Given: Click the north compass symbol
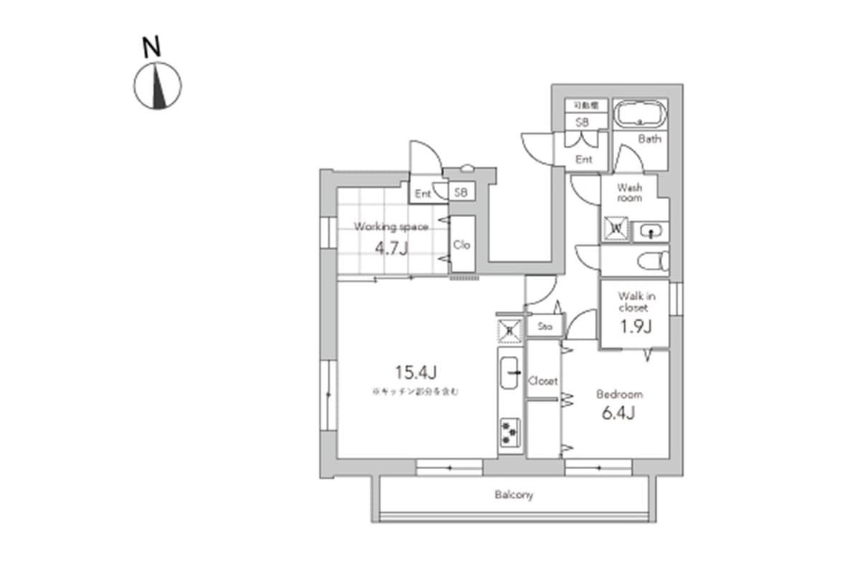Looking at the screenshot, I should pos(157,86).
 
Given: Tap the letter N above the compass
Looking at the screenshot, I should pos(151,48).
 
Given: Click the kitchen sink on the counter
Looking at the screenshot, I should pos(511,372).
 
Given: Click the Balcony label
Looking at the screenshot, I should pos(514,495).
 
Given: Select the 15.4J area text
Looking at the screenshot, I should pos(415,372).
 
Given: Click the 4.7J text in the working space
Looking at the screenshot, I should pos(391,249).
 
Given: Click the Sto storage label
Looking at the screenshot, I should pos(544,327).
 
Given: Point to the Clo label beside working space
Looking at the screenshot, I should pos(462,244).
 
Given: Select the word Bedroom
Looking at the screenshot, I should pos(620,394).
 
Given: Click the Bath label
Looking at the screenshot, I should pos(649,140).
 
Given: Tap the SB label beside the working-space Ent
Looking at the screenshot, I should pos(461,193).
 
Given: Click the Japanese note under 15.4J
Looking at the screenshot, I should pos(415,392).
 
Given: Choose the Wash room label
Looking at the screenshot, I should pos(630,193).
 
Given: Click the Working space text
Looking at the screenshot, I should pos(391,227).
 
